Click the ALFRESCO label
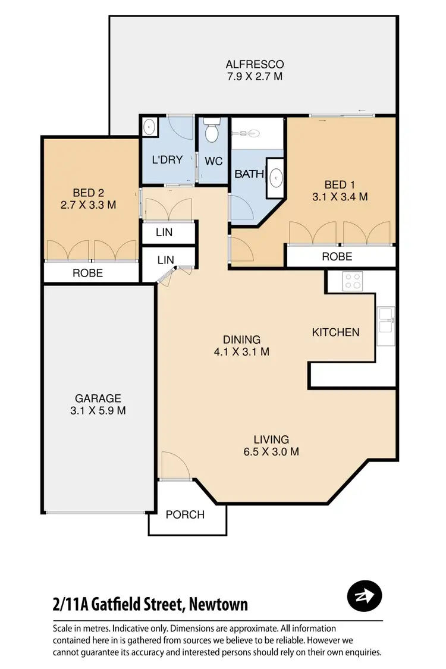point(254,64)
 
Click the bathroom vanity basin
point(276,177)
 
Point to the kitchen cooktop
point(352,281)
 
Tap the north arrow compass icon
point(364,595)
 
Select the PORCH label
point(185,514)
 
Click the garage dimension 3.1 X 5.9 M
point(98,410)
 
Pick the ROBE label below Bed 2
point(88,273)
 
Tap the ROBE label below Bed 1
point(337,256)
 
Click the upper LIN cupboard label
point(164,233)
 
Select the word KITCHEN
point(335,332)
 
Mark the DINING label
point(243,340)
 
